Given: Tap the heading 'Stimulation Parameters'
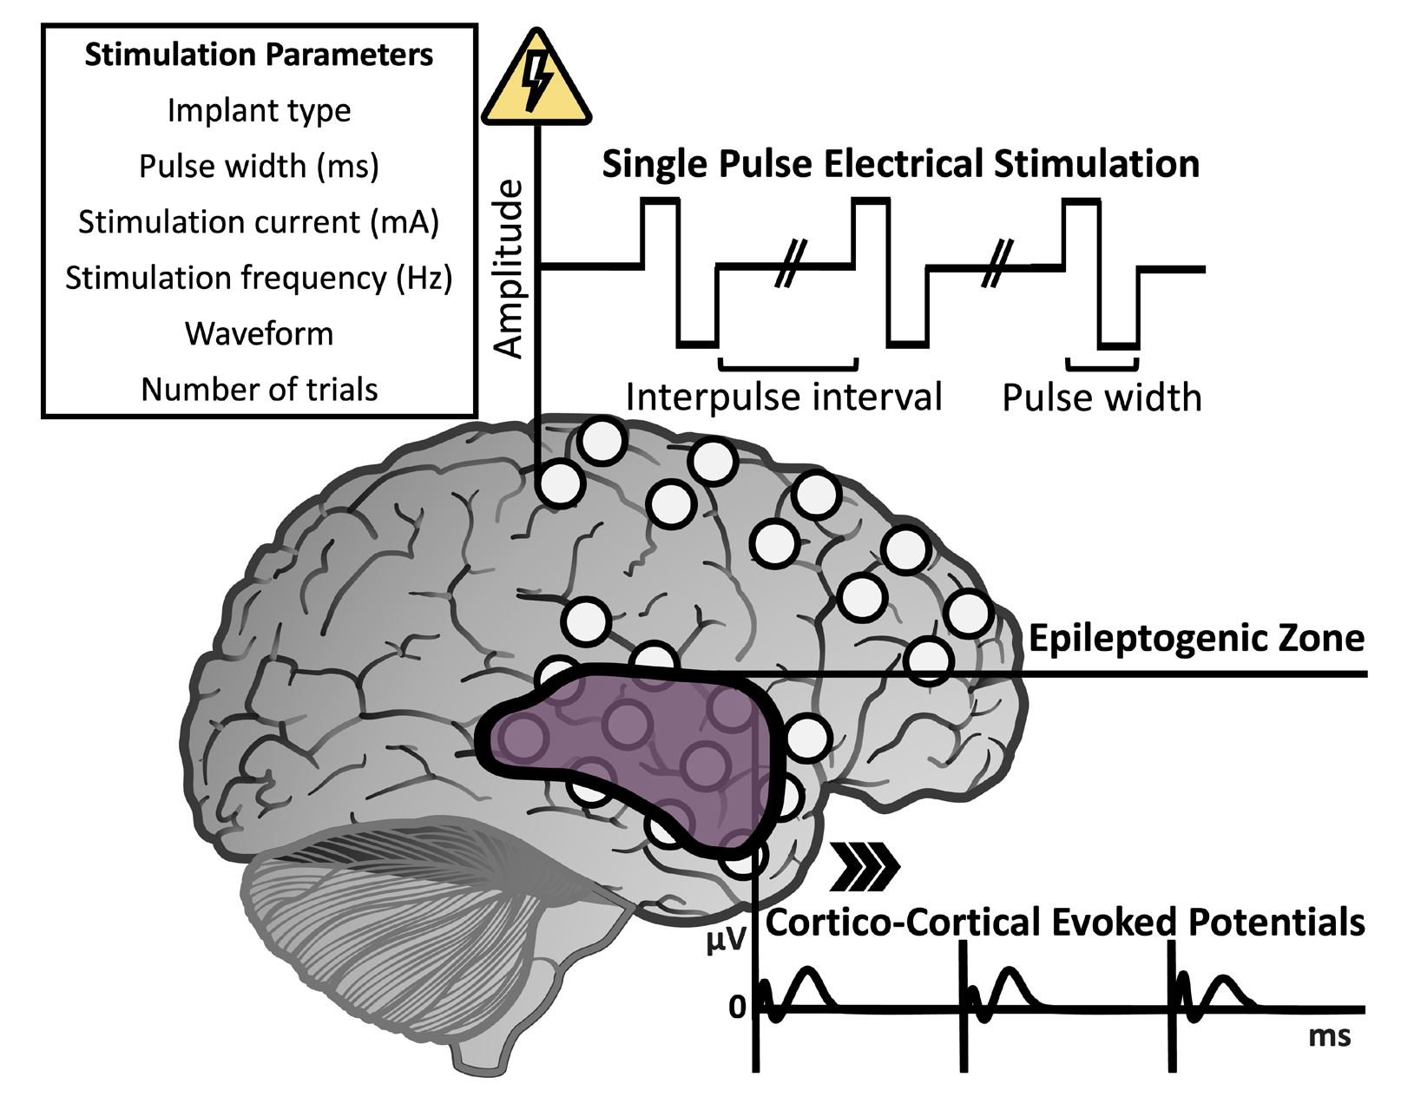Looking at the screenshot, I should point(259,55).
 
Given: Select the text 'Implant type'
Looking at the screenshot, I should point(259,111).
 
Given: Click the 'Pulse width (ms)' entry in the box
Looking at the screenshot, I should point(259,167).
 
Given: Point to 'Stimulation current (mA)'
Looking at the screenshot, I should point(259,222).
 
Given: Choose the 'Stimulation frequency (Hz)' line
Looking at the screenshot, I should point(259,279).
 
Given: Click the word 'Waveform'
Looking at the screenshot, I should point(259,334).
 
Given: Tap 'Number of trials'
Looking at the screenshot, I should point(259,390).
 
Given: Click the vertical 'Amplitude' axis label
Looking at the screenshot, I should point(509,269).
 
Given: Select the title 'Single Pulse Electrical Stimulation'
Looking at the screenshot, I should point(900,164).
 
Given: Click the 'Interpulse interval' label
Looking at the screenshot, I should point(783,397).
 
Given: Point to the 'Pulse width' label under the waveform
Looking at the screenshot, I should point(1102,397).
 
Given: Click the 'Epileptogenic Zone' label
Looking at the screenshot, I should point(1195,639).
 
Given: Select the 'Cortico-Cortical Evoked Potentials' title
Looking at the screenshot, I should point(1064,923).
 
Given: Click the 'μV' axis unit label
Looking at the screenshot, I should point(726,940).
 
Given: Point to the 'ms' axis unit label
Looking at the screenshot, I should point(1329,1036).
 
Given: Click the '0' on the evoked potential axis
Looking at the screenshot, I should point(737,1008).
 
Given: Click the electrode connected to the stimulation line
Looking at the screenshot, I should point(559,483).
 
